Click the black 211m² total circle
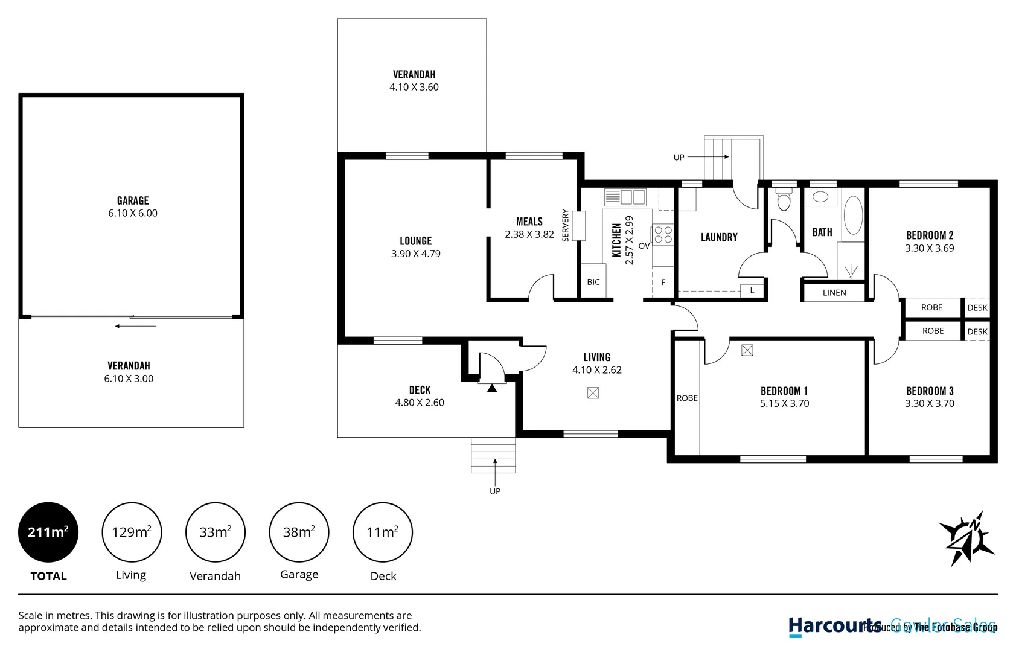coord(48,532)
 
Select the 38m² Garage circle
coord(299,532)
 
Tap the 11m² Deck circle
coord(383,532)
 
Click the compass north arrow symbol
coord(966,538)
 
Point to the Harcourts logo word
coord(835,626)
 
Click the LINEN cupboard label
coord(834,293)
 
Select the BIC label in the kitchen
coord(593,282)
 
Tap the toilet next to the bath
coord(784,200)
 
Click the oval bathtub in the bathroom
coord(853,215)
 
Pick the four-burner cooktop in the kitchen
coord(663,235)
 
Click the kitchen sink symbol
coord(625,197)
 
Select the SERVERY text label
coord(566,225)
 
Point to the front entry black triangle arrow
coord(492,388)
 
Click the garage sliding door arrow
coord(136,326)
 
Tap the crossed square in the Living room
coord(593,393)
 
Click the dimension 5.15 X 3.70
coord(784,403)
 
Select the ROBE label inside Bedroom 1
coord(687,398)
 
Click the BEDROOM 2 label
coord(930,235)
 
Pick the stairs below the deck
coord(493,456)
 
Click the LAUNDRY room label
coord(719,237)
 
